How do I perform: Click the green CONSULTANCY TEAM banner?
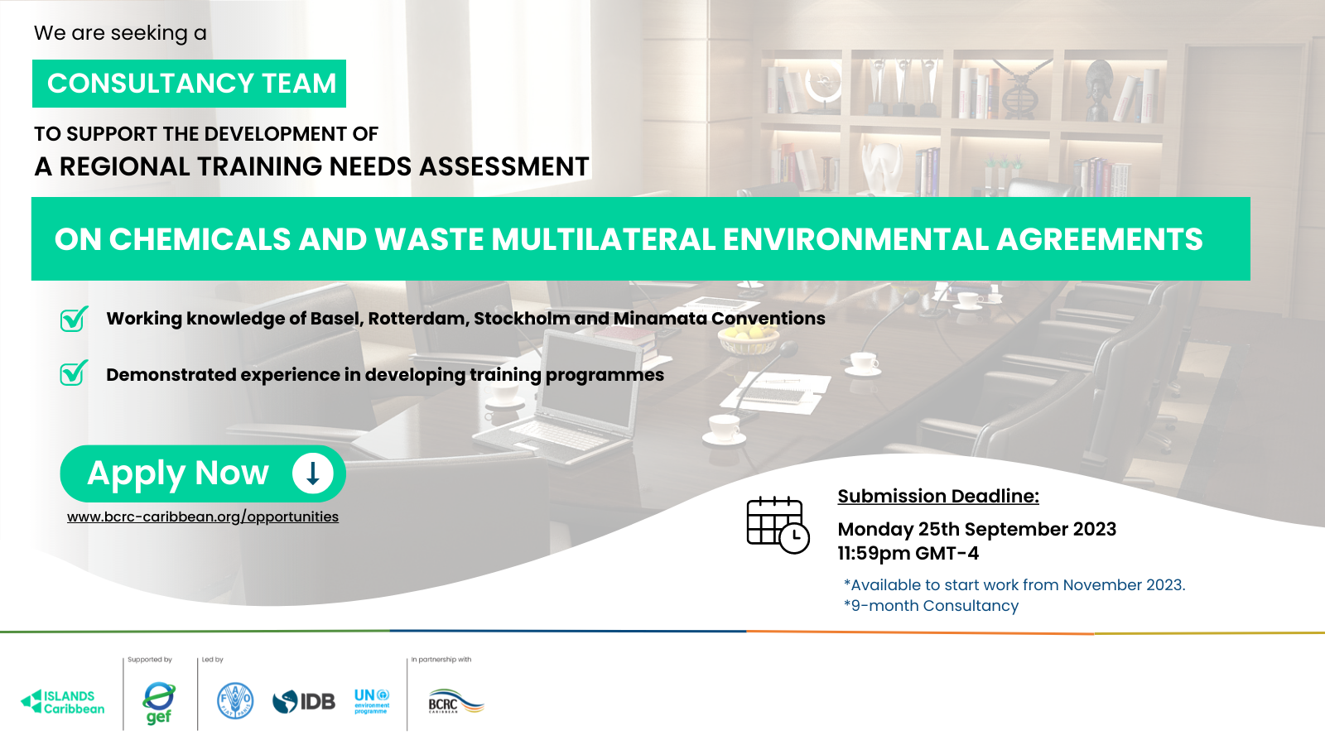pyautogui.click(x=190, y=84)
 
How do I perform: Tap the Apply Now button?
pyautogui.click(x=203, y=473)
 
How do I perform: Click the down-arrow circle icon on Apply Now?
pyautogui.click(x=313, y=473)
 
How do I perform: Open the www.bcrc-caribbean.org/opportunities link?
pyautogui.click(x=203, y=517)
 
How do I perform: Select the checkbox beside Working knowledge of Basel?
pyautogui.click(x=74, y=319)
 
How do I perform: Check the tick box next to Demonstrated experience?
pyautogui.click(x=74, y=373)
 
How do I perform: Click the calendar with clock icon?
pyautogui.click(x=778, y=525)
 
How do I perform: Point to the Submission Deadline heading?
pyautogui.click(x=938, y=496)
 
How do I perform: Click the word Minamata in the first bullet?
pyautogui.click(x=660, y=319)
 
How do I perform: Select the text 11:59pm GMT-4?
pyautogui.click(x=908, y=554)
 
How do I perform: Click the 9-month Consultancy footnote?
pyautogui.click(x=931, y=606)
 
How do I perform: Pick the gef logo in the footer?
pyautogui.click(x=158, y=703)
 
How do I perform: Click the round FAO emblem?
pyautogui.click(x=235, y=700)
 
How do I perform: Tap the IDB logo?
pyautogui.click(x=303, y=702)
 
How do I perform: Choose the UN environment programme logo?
pyautogui.click(x=372, y=701)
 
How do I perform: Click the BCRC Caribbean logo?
pyautogui.click(x=456, y=701)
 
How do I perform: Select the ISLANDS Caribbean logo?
pyautogui.click(x=63, y=702)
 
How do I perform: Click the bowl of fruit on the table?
pyautogui.click(x=749, y=339)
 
